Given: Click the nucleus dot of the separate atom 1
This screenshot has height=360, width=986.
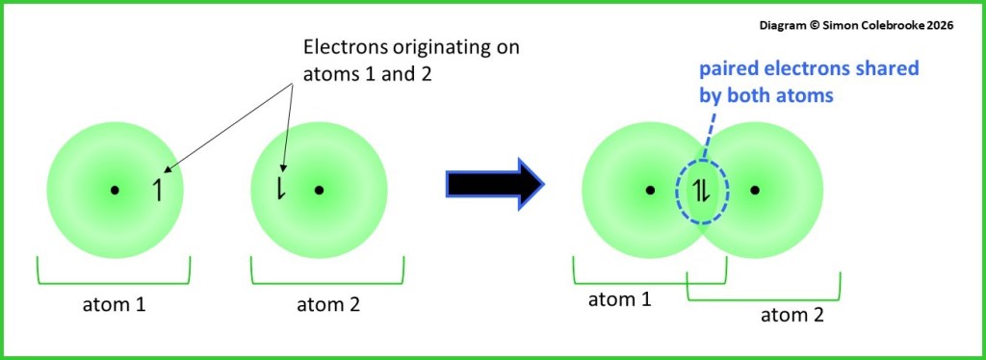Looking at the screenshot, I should [115, 190].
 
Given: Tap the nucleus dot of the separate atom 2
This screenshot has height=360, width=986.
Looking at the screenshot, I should [319, 190].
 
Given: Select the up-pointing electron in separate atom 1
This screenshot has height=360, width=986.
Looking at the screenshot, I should [158, 191].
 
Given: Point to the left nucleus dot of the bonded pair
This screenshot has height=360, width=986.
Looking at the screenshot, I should [651, 190].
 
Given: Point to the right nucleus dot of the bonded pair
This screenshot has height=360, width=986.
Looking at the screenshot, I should [754, 190].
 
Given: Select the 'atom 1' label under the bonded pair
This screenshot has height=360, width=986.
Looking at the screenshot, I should [620, 299].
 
